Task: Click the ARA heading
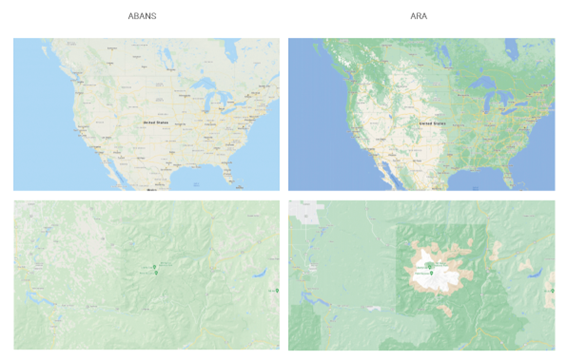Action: (421, 15)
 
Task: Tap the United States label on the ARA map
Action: (432, 121)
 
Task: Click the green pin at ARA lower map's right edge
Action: (551, 291)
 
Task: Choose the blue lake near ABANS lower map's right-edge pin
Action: (262, 274)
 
